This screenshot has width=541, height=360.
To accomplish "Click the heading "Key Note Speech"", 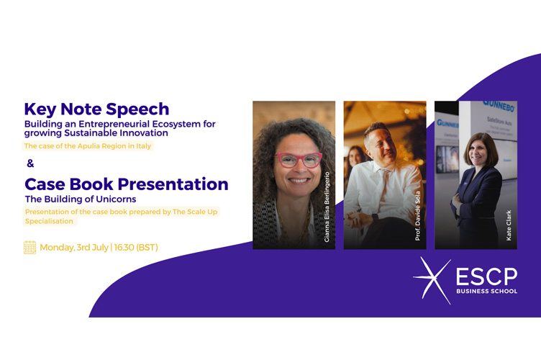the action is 96,109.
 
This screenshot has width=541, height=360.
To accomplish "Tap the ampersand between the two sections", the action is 30,163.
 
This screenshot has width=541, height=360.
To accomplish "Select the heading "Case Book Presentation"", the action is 127,184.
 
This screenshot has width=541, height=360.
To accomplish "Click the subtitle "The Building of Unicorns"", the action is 81,199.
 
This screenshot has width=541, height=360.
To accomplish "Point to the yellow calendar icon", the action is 29,247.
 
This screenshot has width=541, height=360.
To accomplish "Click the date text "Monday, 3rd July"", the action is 74,248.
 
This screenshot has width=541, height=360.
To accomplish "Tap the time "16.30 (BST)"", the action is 136,248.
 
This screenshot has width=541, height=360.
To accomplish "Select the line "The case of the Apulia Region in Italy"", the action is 88,146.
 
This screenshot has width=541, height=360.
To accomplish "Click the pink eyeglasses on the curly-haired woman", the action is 299,160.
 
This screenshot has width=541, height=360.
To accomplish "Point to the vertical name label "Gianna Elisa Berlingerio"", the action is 327,207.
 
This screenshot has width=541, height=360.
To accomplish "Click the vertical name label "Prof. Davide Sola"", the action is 418,216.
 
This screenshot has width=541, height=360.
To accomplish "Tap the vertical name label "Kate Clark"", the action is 509,225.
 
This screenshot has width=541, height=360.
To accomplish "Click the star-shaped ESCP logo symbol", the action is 432,280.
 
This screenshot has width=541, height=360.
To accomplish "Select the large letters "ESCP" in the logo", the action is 486,276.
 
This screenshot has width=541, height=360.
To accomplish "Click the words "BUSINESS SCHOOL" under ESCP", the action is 486,292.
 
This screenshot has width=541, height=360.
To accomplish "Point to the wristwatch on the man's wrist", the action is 375,218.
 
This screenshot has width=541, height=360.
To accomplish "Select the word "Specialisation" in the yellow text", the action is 49,221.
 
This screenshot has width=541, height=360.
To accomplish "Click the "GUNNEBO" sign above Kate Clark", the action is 499,106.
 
